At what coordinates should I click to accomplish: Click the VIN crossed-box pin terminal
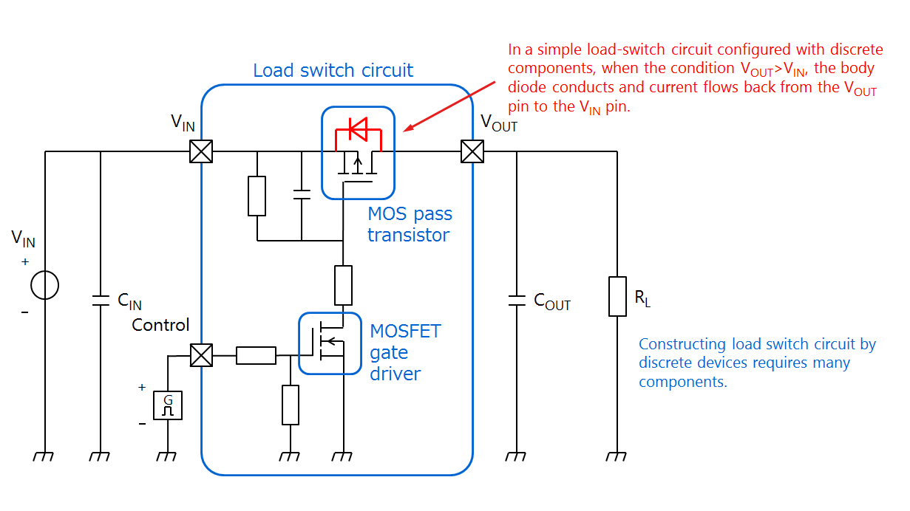click(x=201, y=151)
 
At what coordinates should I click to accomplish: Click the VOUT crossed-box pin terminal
click(x=472, y=151)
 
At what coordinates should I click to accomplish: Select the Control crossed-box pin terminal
click(x=201, y=355)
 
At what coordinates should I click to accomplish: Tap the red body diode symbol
click(x=359, y=131)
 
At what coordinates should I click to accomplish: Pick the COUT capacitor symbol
click(x=516, y=301)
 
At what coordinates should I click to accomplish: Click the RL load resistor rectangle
click(x=618, y=296)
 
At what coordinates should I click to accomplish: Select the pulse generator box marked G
click(x=168, y=405)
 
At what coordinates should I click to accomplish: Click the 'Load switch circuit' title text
click(x=333, y=71)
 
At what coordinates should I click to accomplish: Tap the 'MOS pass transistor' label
click(x=410, y=224)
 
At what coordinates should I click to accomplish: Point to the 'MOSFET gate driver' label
click(x=405, y=352)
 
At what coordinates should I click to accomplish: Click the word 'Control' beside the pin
click(x=160, y=325)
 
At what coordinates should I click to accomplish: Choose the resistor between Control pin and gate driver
click(x=256, y=356)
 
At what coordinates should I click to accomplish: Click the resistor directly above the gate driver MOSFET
click(x=344, y=286)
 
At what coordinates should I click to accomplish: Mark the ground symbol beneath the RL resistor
click(x=618, y=456)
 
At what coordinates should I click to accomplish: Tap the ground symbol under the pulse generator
click(x=168, y=456)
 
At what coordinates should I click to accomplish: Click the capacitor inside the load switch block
click(x=302, y=195)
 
